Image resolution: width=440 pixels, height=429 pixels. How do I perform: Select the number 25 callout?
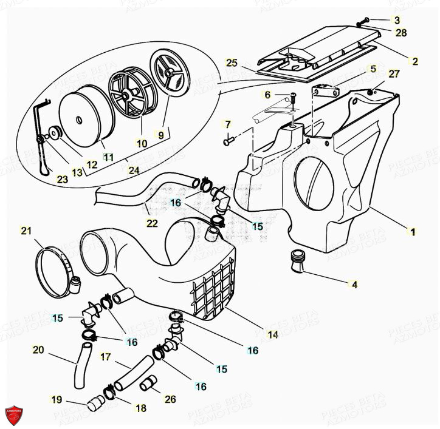[230, 62]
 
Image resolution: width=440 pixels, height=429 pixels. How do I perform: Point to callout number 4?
[354, 284]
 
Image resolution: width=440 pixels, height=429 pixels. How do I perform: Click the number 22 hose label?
[152, 223]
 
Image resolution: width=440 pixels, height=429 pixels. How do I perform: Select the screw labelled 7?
[229, 141]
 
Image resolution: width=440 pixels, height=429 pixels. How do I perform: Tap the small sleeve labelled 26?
[148, 385]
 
